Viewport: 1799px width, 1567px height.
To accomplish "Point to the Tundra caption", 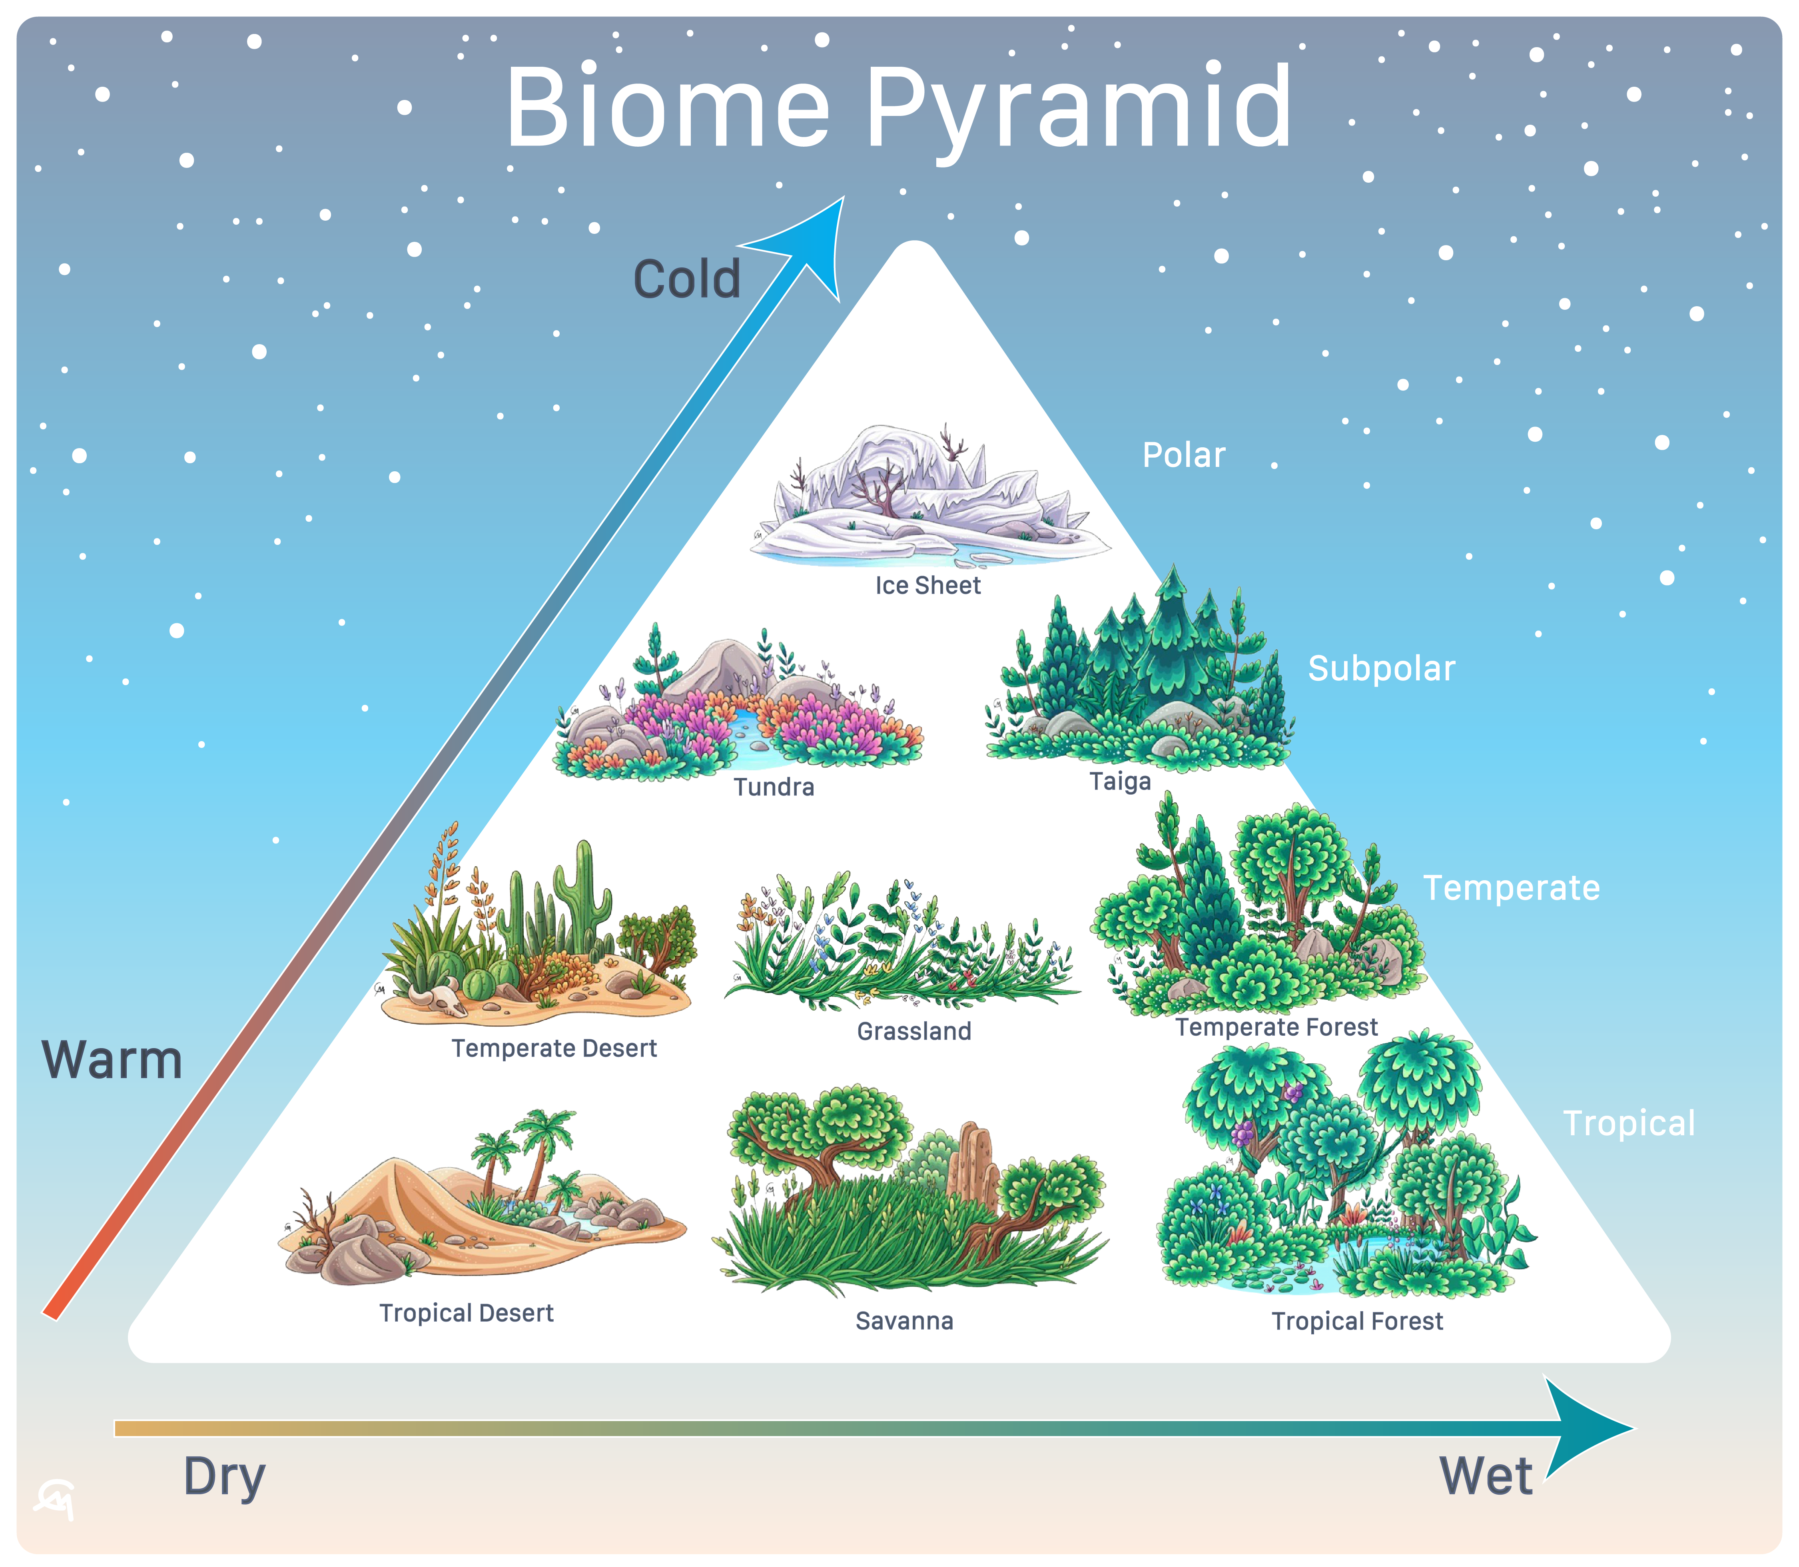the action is pos(774,787).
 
